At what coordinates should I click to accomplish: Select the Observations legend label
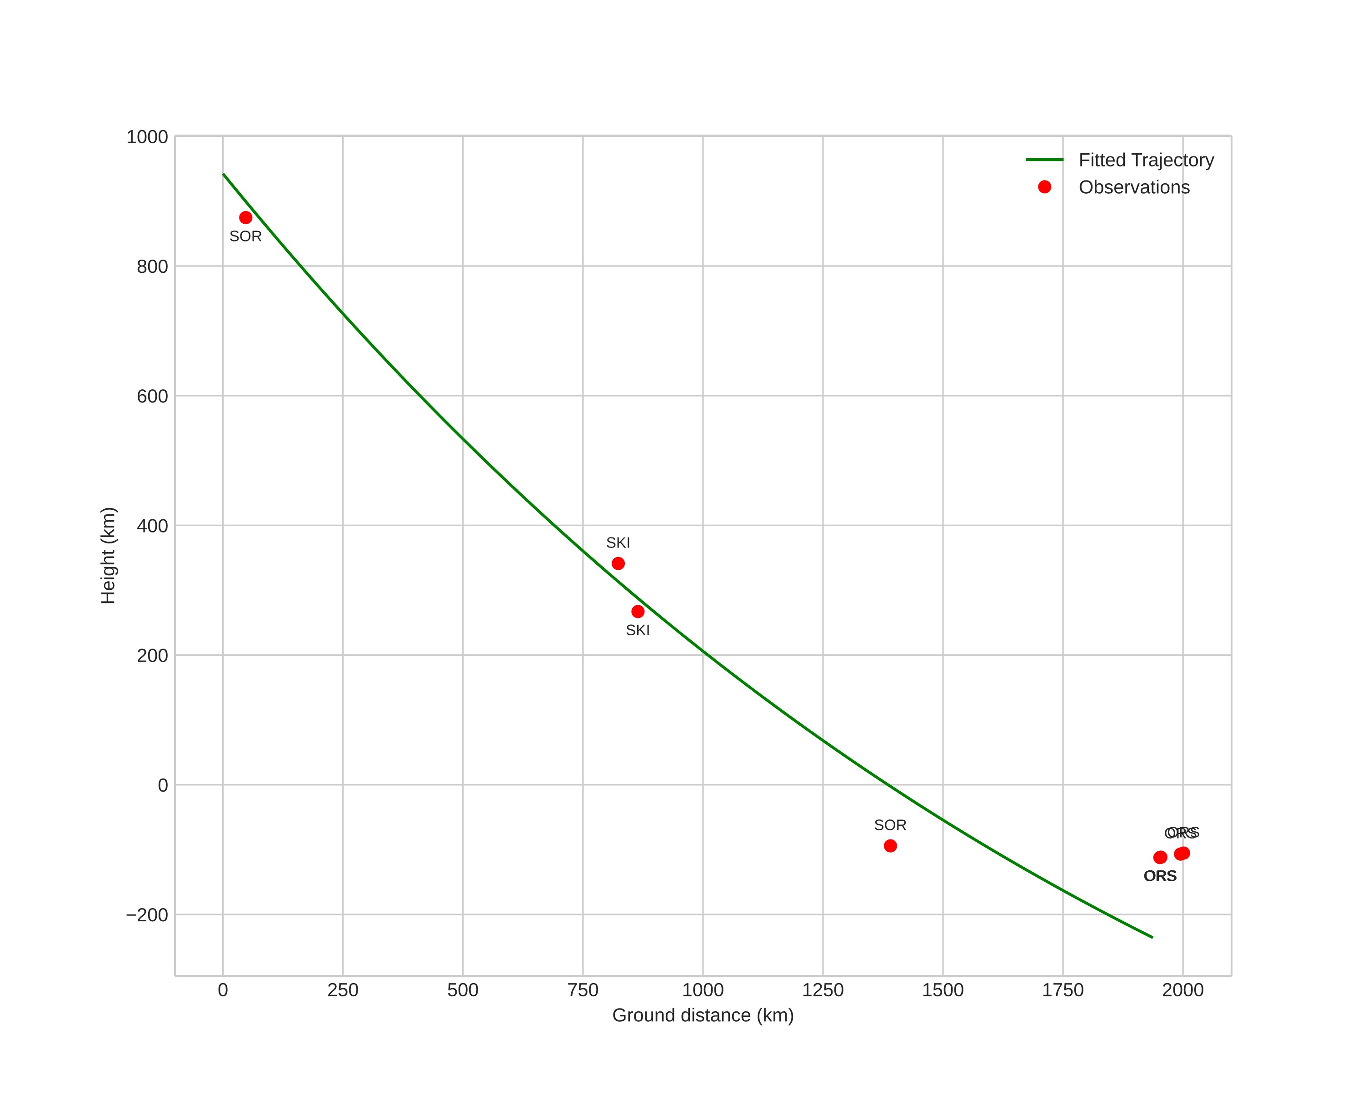1134,187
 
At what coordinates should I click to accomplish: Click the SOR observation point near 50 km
246,218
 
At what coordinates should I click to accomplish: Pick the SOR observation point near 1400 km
890,846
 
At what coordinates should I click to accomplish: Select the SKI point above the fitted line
618,563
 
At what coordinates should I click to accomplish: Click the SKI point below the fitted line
638,612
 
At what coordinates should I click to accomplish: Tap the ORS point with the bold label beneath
1160,858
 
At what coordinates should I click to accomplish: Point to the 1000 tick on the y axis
147,137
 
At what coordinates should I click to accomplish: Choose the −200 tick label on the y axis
147,915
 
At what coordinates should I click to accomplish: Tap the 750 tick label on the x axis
583,990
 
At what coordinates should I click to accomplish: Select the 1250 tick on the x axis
823,990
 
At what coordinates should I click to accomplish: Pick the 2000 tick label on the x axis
1182,990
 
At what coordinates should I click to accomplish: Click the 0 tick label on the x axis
223,990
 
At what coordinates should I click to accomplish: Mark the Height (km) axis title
108,556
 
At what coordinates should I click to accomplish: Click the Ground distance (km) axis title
703,1015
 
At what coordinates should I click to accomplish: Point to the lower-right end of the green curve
1152,937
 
